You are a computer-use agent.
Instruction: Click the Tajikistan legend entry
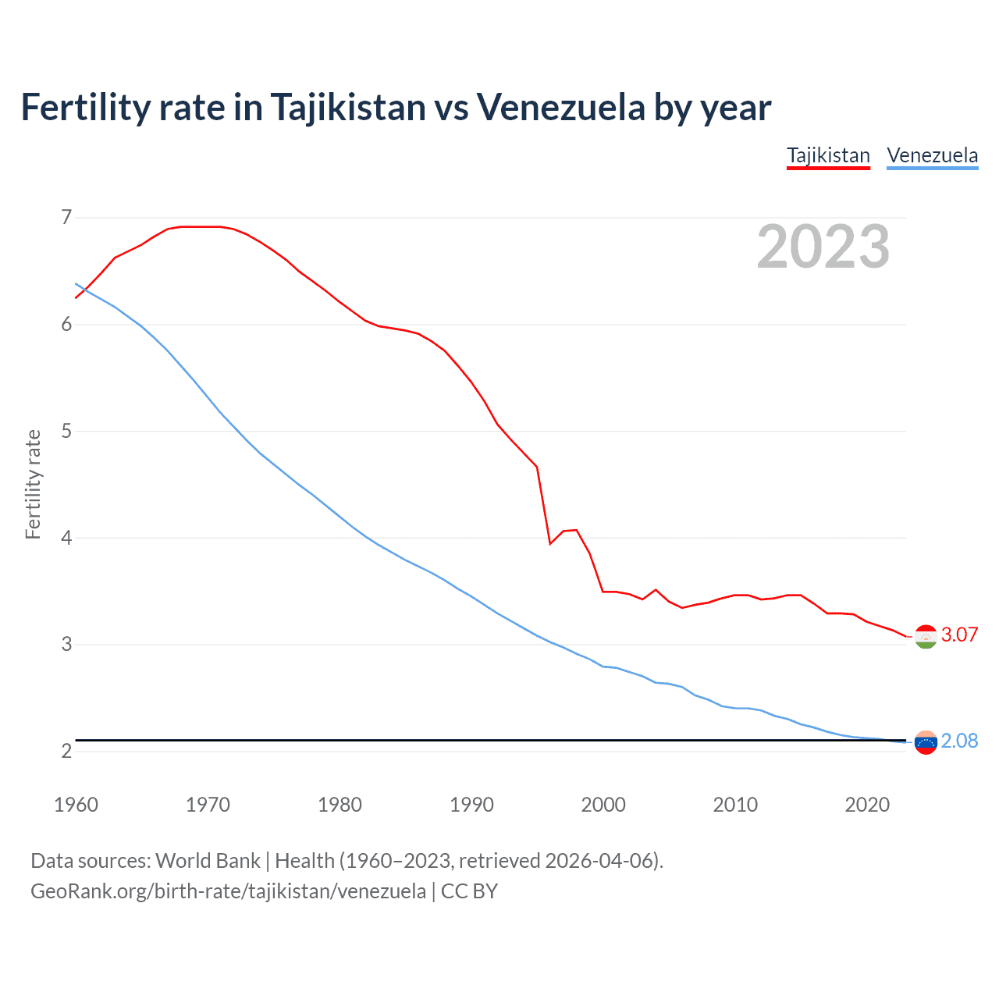pos(828,155)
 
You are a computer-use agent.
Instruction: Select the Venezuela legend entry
pos(932,155)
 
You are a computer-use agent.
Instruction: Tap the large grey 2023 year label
pos(823,247)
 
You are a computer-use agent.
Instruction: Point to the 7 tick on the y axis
pos(66,217)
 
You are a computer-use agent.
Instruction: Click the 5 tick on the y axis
pos(66,431)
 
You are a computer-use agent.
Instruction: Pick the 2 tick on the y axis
pos(66,751)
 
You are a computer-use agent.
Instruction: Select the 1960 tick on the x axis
pos(76,805)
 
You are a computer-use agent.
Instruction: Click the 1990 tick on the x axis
pos(471,805)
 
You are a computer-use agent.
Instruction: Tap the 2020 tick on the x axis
pos(867,805)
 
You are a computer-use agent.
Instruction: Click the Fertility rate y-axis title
pos(33,484)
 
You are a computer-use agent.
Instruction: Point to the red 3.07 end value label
pos(959,635)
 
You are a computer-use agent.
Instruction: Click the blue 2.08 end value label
pos(959,741)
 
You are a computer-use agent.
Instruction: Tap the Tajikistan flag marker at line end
pos(926,637)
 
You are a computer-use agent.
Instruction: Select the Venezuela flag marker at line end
pos(926,742)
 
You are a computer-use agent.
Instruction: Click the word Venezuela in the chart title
pos(560,108)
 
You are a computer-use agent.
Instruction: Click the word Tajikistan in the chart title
pos(348,108)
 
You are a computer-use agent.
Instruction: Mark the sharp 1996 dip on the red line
pos(550,543)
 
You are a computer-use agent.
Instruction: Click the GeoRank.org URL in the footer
pos(228,891)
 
